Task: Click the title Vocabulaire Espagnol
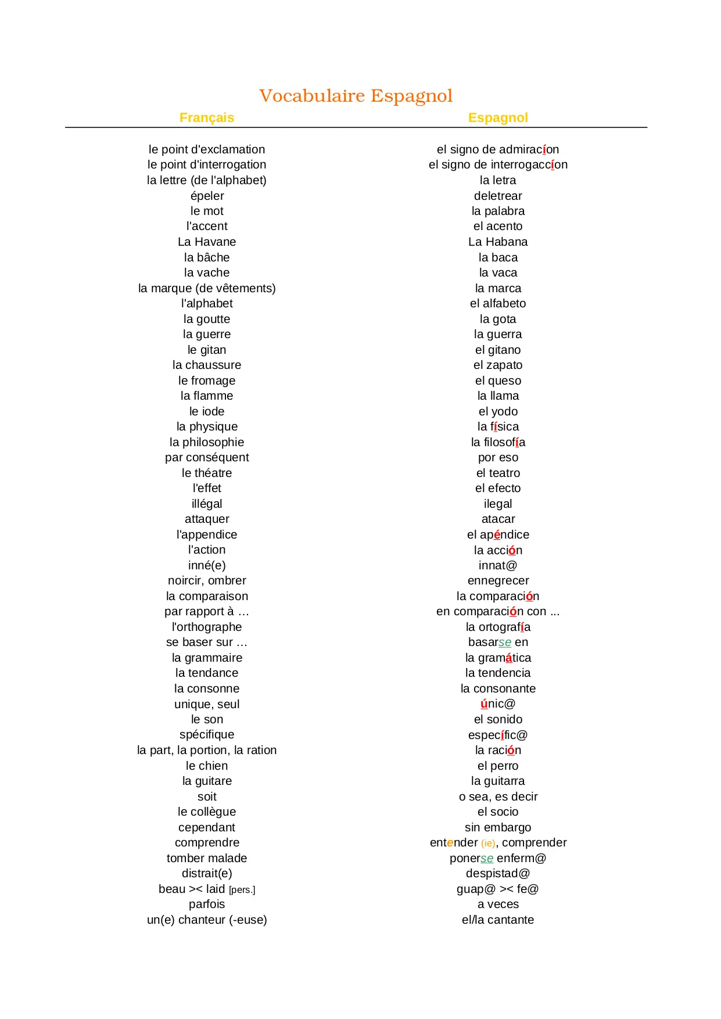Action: point(356,96)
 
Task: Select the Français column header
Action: point(207,118)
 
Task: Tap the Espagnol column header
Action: point(498,118)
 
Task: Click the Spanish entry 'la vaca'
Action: point(498,273)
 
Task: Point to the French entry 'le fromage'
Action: point(207,381)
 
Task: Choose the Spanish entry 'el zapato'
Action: point(498,365)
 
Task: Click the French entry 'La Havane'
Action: point(207,242)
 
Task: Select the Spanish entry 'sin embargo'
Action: point(498,828)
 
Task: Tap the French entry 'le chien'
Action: point(207,766)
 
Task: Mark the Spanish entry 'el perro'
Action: point(498,766)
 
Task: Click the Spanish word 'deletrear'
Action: point(498,196)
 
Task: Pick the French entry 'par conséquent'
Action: point(207,458)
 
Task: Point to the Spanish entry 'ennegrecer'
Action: point(498,581)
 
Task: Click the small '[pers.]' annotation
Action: point(242,890)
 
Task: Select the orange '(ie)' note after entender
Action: point(488,844)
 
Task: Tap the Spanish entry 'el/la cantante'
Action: point(498,920)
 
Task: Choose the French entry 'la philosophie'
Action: point(207,443)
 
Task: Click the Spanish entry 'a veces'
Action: point(498,905)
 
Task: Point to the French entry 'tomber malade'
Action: point(207,859)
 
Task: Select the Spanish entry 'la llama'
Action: point(498,396)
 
